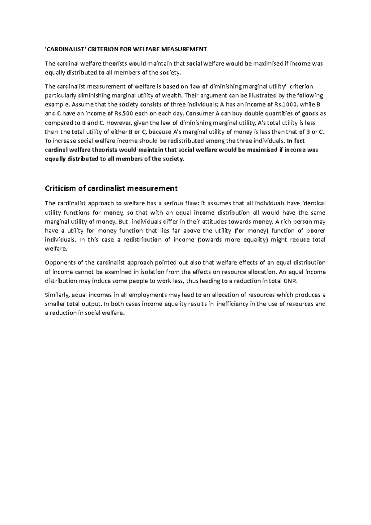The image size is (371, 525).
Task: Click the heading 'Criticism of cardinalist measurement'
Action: (x=111, y=188)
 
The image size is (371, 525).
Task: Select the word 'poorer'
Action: (x=315, y=231)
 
